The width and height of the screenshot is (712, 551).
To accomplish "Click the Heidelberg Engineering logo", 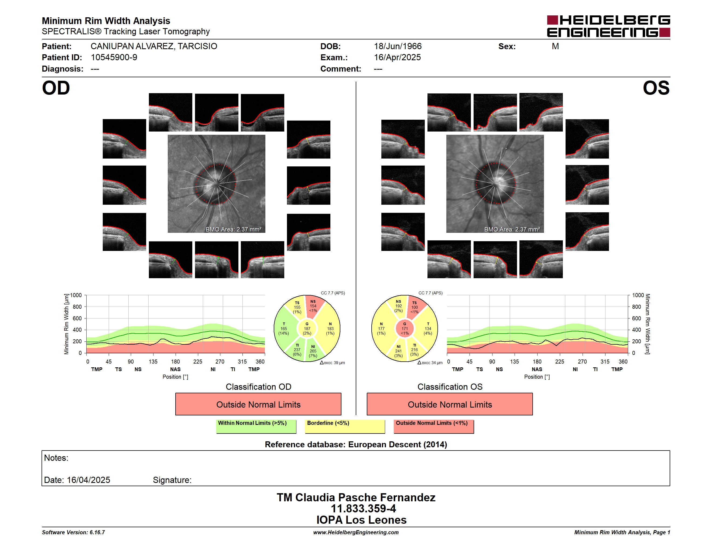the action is point(608,26).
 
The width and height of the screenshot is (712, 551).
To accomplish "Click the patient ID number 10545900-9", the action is point(114,58).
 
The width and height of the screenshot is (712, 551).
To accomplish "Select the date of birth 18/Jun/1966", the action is point(398,46).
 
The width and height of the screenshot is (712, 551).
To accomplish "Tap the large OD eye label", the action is point(56,88).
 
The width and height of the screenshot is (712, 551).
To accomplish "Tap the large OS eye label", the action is point(656,88).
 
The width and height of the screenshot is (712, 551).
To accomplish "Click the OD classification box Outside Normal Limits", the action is point(258,404).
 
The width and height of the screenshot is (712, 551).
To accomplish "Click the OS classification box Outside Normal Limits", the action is point(450,404).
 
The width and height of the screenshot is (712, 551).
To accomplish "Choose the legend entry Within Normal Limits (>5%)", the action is point(256,426).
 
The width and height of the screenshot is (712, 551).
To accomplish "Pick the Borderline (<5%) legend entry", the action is point(345,426).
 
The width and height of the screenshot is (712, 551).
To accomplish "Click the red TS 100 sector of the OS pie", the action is point(415,307).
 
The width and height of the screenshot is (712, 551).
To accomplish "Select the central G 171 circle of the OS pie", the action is point(405,329).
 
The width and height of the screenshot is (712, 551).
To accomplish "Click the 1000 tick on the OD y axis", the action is point(76,295).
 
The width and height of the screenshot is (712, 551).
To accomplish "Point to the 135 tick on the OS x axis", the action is point(514,362).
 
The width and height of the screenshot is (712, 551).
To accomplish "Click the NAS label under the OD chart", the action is point(175,369).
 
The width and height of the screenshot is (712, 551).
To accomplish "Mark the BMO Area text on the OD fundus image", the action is point(233,230).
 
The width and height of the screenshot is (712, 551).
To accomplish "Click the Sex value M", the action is point(556,46).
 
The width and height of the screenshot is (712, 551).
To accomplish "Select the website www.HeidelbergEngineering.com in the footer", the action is point(356,532).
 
